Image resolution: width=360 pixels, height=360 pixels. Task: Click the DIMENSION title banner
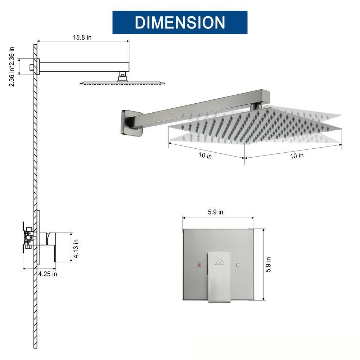[180, 22]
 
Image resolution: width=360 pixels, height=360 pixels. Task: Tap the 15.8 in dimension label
[82, 37]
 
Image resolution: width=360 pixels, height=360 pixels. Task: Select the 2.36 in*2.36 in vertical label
[12, 67]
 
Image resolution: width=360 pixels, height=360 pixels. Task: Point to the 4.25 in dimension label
[48, 274]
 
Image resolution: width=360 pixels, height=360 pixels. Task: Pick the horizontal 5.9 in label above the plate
[215, 212]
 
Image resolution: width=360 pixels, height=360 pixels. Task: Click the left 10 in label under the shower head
[205, 156]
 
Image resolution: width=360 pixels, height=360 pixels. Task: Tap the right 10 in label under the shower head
[297, 156]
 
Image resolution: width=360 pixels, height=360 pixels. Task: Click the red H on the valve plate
[199, 265]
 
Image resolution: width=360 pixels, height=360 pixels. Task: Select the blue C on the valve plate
[237, 265]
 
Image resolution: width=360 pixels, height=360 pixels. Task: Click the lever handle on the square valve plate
[218, 275]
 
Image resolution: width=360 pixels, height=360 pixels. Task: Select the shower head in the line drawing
[122, 83]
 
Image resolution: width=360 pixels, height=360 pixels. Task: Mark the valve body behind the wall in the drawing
[29, 237]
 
